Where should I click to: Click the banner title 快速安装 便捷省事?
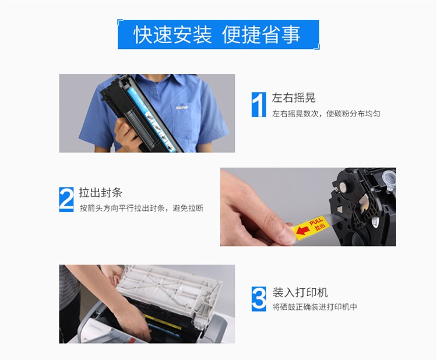click(x=217, y=35)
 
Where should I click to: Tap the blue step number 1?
click(x=259, y=104)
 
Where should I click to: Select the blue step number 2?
click(x=66, y=199)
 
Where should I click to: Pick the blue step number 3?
click(x=259, y=299)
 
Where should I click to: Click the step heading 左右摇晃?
click(x=294, y=98)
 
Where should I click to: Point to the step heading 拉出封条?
click(x=101, y=193)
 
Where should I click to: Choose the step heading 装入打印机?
click(x=300, y=292)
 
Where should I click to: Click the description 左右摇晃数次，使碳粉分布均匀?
click(x=326, y=114)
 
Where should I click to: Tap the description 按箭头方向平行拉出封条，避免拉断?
click(x=142, y=208)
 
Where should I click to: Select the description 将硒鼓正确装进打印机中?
click(x=315, y=307)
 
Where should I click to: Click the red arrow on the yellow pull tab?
click(x=302, y=230)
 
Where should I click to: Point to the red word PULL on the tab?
click(x=316, y=221)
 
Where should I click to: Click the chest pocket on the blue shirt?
click(x=185, y=121)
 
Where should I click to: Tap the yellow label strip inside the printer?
click(x=162, y=322)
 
